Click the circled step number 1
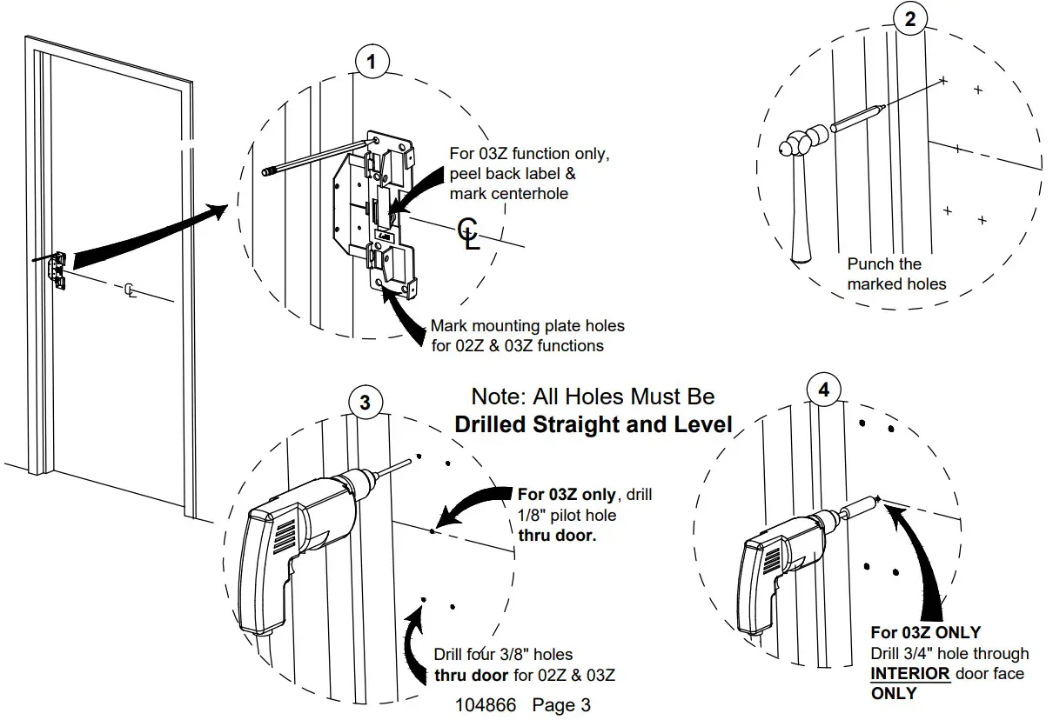coord(372,62)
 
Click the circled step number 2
coord(910,19)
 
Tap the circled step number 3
coord(365,402)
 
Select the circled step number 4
coord(824,390)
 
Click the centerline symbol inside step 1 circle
coord(468,234)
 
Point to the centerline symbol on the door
coord(131,290)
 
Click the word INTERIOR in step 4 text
coord(910,673)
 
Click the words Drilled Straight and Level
coord(594,425)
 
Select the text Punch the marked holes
coord(896,273)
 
